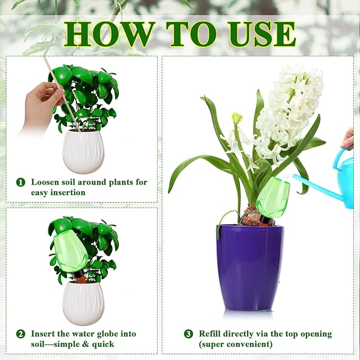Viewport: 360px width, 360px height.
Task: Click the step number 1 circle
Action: coord(21,182)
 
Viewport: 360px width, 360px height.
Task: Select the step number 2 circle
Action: coord(21,334)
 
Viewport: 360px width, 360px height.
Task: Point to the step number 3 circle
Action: coord(189,334)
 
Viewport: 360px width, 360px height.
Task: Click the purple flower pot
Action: coord(250,267)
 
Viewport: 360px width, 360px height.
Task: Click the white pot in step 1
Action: coord(83,148)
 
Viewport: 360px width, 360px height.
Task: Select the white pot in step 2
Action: coord(83,303)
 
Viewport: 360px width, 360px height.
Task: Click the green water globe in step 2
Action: coord(71,251)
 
